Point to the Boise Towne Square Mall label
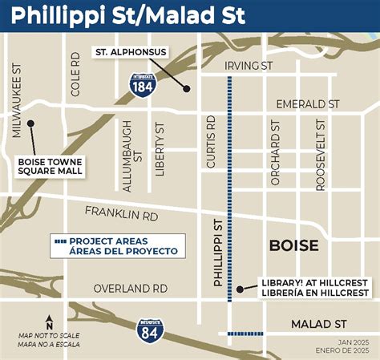[x=51, y=165]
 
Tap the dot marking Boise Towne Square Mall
[x=30, y=123]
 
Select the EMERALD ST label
[x=308, y=104]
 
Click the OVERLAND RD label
[x=130, y=288]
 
